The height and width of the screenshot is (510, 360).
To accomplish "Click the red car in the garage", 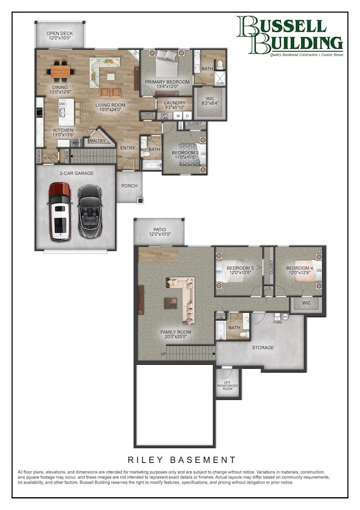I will coord(59,212).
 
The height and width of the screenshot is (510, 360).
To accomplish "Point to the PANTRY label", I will coord(97,140).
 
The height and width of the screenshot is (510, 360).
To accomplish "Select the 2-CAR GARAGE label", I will coord(77,174).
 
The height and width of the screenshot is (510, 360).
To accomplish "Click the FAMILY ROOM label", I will coord(176,334).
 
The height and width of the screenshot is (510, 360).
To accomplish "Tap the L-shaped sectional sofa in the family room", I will coord(183,299).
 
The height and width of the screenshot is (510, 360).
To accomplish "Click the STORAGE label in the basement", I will coord(263,348).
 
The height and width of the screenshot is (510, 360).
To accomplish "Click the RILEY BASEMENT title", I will coord(182,460).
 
